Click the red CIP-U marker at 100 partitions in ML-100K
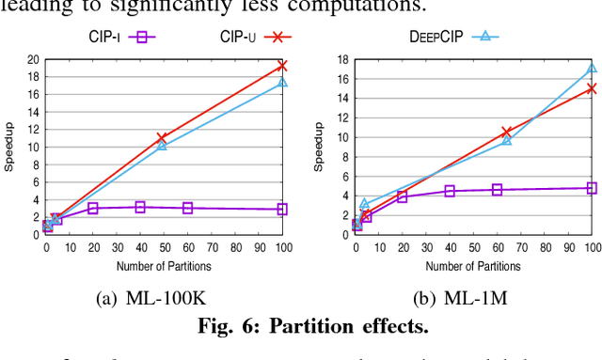coord(281,66)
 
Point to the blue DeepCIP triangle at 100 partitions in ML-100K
coord(281,84)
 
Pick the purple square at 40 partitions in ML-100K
coord(140,207)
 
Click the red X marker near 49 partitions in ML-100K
coord(162,138)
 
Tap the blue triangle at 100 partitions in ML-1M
coord(592,68)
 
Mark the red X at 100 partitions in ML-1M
coord(592,88)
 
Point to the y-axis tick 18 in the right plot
coord(343,59)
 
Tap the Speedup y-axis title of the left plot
coord(9,147)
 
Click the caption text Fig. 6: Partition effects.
coord(301,327)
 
